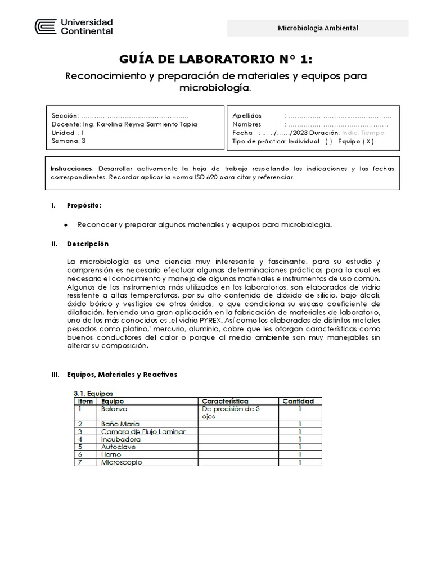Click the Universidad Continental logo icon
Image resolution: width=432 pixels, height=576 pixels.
(x=46, y=27)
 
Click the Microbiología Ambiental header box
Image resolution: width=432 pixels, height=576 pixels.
(x=318, y=28)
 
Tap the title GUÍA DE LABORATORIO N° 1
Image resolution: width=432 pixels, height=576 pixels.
(x=216, y=60)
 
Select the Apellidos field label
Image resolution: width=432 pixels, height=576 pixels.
(x=247, y=115)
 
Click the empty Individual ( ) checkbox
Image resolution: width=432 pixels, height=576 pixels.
(x=328, y=142)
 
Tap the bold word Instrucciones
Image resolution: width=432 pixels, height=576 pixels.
(x=71, y=169)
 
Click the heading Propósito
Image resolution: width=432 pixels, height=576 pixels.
(x=84, y=206)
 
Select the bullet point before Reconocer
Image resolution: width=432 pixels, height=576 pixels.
(x=66, y=225)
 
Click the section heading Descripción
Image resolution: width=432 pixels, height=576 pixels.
(x=88, y=244)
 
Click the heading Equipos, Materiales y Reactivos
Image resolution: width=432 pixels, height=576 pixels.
(x=121, y=374)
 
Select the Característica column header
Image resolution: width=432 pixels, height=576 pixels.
(x=225, y=401)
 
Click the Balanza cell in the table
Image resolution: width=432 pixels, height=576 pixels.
(x=115, y=409)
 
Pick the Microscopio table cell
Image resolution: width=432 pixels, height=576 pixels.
(x=121, y=462)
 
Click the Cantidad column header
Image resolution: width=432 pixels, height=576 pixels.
(x=300, y=401)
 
